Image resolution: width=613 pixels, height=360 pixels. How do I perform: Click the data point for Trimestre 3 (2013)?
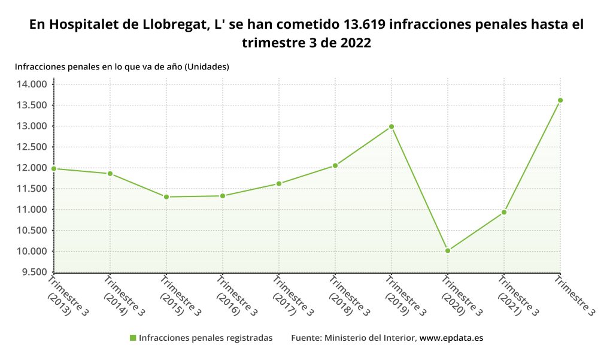54,169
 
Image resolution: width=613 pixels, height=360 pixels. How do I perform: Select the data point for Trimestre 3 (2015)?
166,197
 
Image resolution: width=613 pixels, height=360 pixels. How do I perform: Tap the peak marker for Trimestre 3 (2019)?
392,126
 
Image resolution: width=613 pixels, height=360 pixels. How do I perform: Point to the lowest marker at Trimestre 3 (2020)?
448,250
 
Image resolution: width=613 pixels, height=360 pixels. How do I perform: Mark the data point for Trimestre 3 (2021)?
504,212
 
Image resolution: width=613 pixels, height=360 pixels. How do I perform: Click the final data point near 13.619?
560,100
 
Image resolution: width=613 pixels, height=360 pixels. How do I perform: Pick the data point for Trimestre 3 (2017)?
279,183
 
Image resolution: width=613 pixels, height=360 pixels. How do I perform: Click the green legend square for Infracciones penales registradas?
133,338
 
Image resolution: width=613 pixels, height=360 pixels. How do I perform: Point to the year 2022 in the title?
355,44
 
